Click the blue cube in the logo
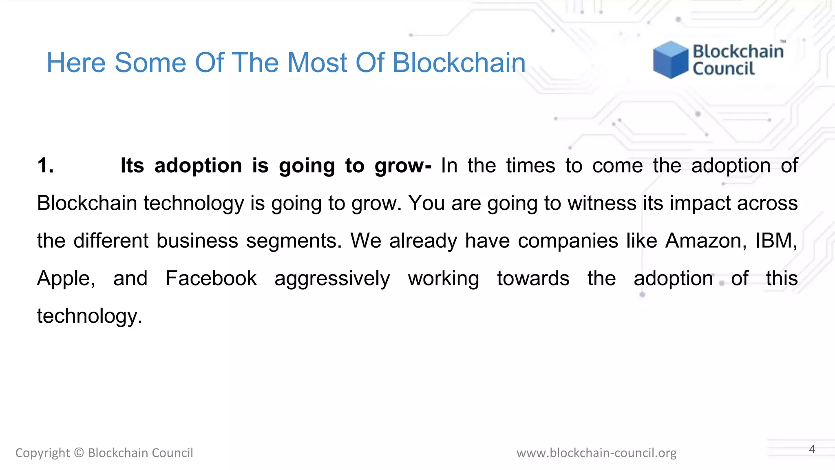pyautogui.click(x=670, y=60)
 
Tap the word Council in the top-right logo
pyautogui.click(x=724, y=69)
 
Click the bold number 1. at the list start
pyautogui.click(x=45, y=166)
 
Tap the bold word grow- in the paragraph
pyautogui.click(x=403, y=166)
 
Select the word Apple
pyautogui.click(x=66, y=279)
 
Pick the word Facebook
pyautogui.click(x=211, y=278)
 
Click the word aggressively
pyautogui.click(x=332, y=279)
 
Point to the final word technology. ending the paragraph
pyautogui.click(x=90, y=316)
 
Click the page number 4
pyautogui.click(x=812, y=449)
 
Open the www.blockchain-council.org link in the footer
pyautogui.click(x=596, y=453)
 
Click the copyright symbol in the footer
pyautogui.click(x=79, y=453)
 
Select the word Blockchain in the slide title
pyautogui.click(x=459, y=63)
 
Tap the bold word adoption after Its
pyautogui.click(x=198, y=166)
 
